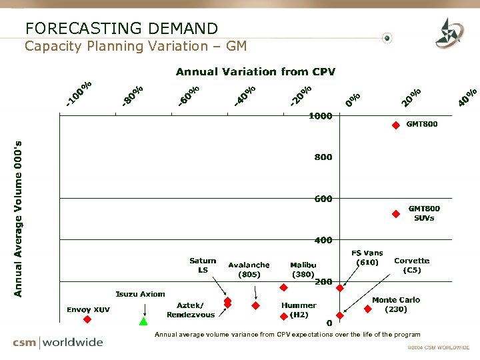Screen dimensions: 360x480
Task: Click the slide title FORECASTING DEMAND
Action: [x=121, y=28]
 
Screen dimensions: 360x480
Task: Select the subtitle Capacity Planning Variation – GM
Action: [x=135, y=46]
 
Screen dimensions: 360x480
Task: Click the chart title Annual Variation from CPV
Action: [x=255, y=71]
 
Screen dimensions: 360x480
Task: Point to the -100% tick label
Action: [x=79, y=93]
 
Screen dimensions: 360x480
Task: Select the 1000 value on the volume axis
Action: [x=320, y=116]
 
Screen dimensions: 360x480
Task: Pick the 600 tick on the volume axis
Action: [x=323, y=199]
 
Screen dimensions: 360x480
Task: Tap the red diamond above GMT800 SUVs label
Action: [x=395, y=214]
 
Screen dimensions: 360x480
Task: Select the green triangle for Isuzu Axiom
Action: [x=143, y=321]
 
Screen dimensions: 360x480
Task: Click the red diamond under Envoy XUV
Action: [x=86, y=319]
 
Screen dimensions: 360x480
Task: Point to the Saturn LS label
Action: [x=203, y=265]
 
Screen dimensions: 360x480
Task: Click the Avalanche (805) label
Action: [x=249, y=269]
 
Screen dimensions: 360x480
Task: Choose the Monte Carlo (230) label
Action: [x=396, y=305]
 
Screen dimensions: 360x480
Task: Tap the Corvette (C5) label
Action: [x=411, y=265]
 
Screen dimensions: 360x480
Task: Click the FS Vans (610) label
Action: [x=367, y=257]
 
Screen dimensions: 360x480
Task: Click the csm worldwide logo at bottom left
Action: [x=58, y=343]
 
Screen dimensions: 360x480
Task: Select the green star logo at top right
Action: [x=447, y=33]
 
